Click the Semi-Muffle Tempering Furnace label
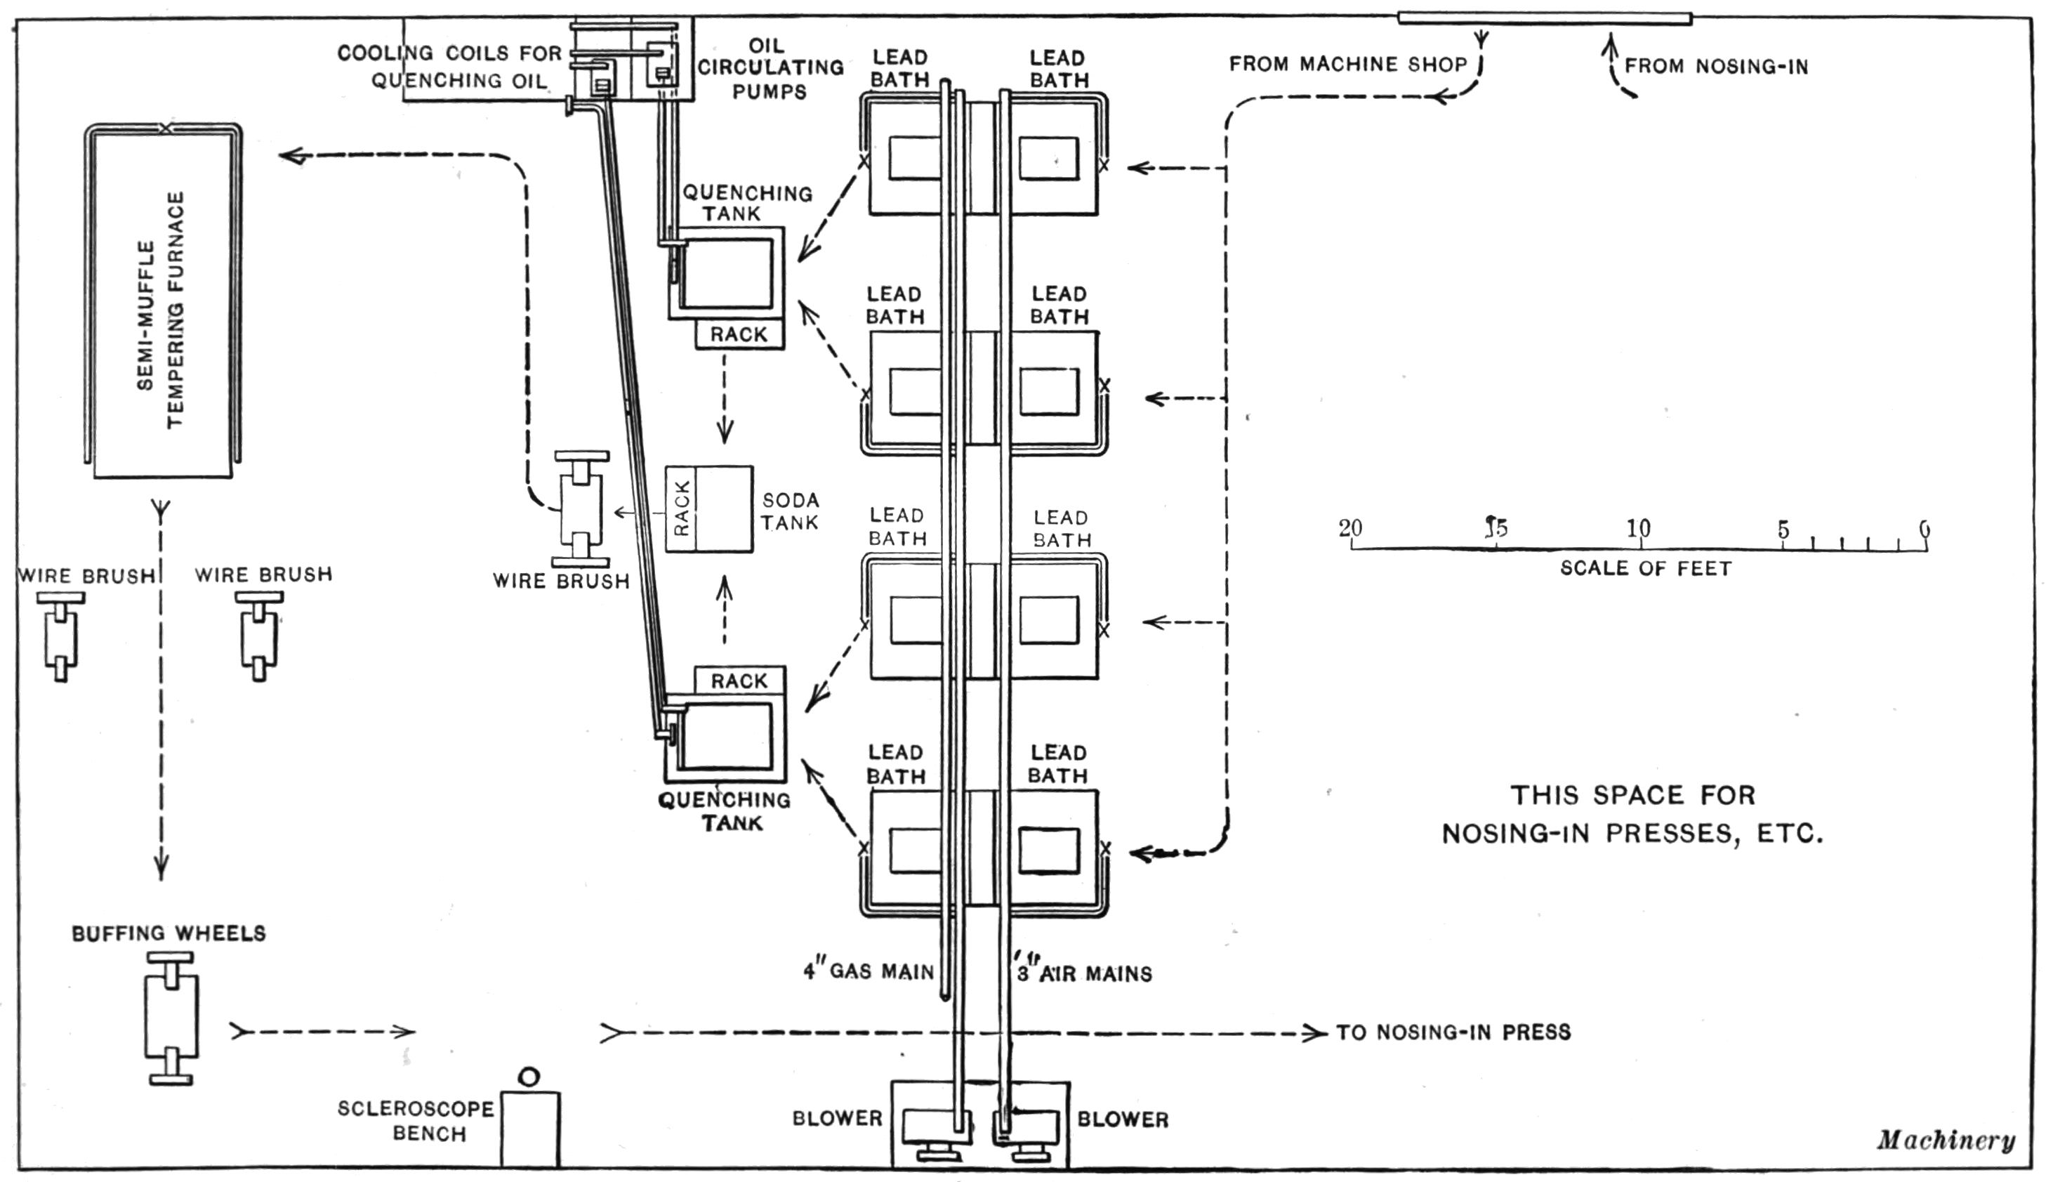161,310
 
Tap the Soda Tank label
790,511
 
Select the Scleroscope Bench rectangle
530,1129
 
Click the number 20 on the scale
1350,527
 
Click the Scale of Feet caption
1646,568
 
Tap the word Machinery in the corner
1945,1141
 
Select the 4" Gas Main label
869,971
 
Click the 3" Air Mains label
1084,973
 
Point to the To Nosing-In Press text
1453,1032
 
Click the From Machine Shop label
1347,64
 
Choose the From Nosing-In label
1716,67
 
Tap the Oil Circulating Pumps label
770,68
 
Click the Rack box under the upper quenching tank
739,334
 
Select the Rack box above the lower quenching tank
739,681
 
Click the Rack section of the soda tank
682,509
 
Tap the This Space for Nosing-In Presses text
1632,813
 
